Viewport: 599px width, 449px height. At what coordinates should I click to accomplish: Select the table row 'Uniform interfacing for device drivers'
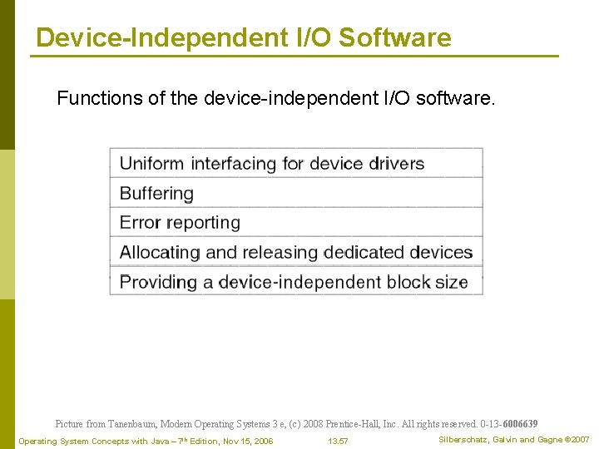295,163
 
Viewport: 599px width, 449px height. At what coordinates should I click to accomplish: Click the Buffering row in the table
295,193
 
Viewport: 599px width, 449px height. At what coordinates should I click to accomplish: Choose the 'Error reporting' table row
295,222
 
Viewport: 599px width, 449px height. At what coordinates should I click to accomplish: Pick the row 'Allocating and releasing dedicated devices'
295,252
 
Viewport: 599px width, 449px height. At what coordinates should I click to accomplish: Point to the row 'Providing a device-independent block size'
295,282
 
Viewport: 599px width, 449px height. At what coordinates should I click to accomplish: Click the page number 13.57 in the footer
338,441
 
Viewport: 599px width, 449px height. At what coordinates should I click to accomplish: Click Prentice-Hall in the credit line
350,424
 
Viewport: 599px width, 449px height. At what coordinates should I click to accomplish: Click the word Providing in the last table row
156,282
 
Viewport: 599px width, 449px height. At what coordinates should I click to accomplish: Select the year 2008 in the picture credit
314,424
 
